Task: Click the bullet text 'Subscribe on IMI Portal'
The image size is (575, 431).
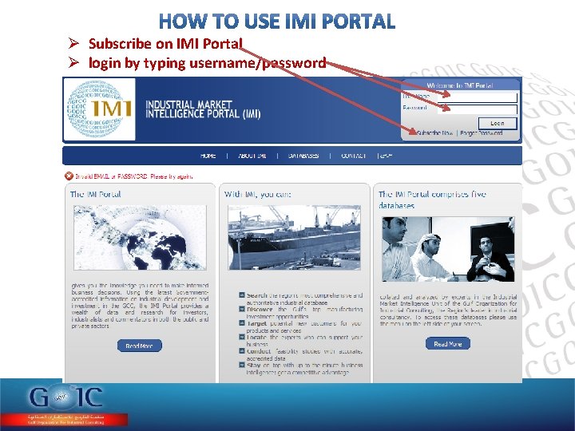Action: coord(165,44)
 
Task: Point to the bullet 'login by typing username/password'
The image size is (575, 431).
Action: coord(207,62)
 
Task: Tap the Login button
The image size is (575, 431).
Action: coord(497,123)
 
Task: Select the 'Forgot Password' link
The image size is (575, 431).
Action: coord(482,133)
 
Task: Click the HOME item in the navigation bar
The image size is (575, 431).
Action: coord(208,156)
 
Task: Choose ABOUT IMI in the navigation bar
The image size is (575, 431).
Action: coord(252,156)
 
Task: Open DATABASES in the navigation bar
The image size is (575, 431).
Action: coord(303,156)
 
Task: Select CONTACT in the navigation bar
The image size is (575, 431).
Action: coord(353,156)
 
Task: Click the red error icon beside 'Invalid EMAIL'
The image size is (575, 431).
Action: coord(69,176)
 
